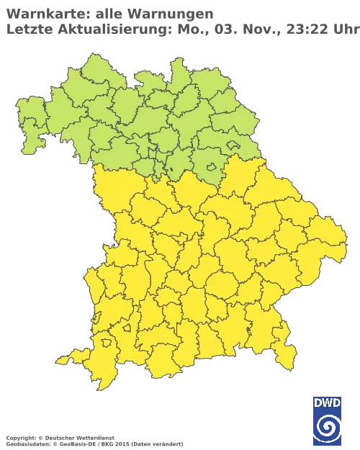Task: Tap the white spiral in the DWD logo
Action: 328,428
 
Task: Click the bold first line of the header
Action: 108,13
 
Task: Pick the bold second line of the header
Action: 101,28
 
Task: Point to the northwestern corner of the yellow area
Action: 97,170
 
